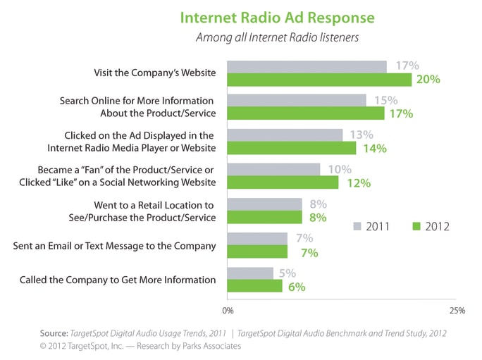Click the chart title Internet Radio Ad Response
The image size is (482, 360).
277,17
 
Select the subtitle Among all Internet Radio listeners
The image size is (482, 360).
277,37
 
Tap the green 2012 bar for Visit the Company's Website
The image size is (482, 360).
319,80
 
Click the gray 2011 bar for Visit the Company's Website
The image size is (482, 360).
307,66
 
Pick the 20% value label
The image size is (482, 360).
428,80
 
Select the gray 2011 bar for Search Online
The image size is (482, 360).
296,100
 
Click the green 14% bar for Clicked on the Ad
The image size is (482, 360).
292,148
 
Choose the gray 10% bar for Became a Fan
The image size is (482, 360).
273,169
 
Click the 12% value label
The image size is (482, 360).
357,183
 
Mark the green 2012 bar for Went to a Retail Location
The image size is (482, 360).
264,217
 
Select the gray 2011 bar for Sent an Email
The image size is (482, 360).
257,238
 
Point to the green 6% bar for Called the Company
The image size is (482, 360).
254,286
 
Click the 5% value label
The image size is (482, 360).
288,273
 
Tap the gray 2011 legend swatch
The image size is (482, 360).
357,227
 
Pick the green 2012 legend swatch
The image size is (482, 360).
416,227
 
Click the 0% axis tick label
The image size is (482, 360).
228,310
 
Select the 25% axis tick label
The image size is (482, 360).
456,310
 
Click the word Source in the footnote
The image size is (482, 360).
53,333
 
